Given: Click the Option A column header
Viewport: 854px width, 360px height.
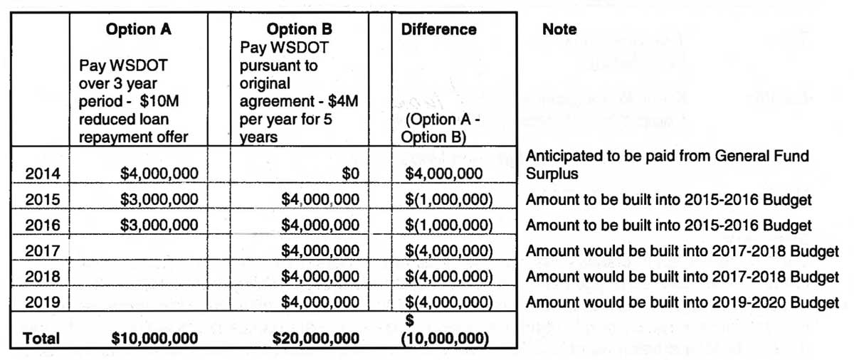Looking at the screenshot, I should (139, 30).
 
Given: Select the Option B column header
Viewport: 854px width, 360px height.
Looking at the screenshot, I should (299, 30).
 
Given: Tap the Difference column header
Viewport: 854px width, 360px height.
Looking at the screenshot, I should (438, 30).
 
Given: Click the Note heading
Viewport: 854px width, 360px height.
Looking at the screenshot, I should (559, 30).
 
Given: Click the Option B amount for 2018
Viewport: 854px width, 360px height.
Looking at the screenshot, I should (320, 277).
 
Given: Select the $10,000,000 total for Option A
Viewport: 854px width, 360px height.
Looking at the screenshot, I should (154, 339).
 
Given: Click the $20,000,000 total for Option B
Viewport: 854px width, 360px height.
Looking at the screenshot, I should (317, 339).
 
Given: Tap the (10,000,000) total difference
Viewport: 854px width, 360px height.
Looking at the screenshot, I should (445, 339).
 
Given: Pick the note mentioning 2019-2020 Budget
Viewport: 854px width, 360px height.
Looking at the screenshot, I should (682, 302).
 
